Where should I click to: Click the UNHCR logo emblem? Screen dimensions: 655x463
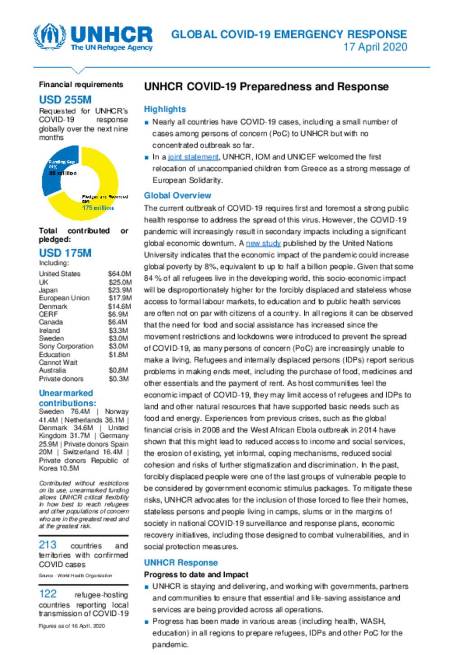click(49, 37)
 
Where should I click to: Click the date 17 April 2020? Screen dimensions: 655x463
click(375, 47)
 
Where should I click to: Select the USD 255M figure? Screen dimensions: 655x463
click(65, 100)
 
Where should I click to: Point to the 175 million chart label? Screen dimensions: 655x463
click(98, 208)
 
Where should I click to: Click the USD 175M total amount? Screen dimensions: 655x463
click(65, 253)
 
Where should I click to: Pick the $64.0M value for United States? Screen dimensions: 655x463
click(119, 274)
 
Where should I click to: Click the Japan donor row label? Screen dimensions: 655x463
click(48, 290)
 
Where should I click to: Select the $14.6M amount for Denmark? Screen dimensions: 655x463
click(119, 306)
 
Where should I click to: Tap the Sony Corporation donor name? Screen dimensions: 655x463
click(66, 346)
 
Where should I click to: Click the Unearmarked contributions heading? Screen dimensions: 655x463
click(67, 398)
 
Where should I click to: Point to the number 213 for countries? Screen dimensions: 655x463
click(47, 545)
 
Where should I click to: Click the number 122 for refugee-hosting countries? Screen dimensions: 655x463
click(47, 594)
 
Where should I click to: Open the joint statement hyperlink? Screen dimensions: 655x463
click(193, 157)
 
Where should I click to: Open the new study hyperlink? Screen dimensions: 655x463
click(263, 243)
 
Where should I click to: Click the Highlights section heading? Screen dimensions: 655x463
click(165, 109)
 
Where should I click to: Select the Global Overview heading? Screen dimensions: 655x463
click(177, 196)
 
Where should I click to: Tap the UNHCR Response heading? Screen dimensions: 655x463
click(180, 563)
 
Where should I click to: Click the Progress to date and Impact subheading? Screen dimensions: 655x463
click(196, 575)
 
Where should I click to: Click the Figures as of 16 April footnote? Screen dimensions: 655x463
click(72, 626)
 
